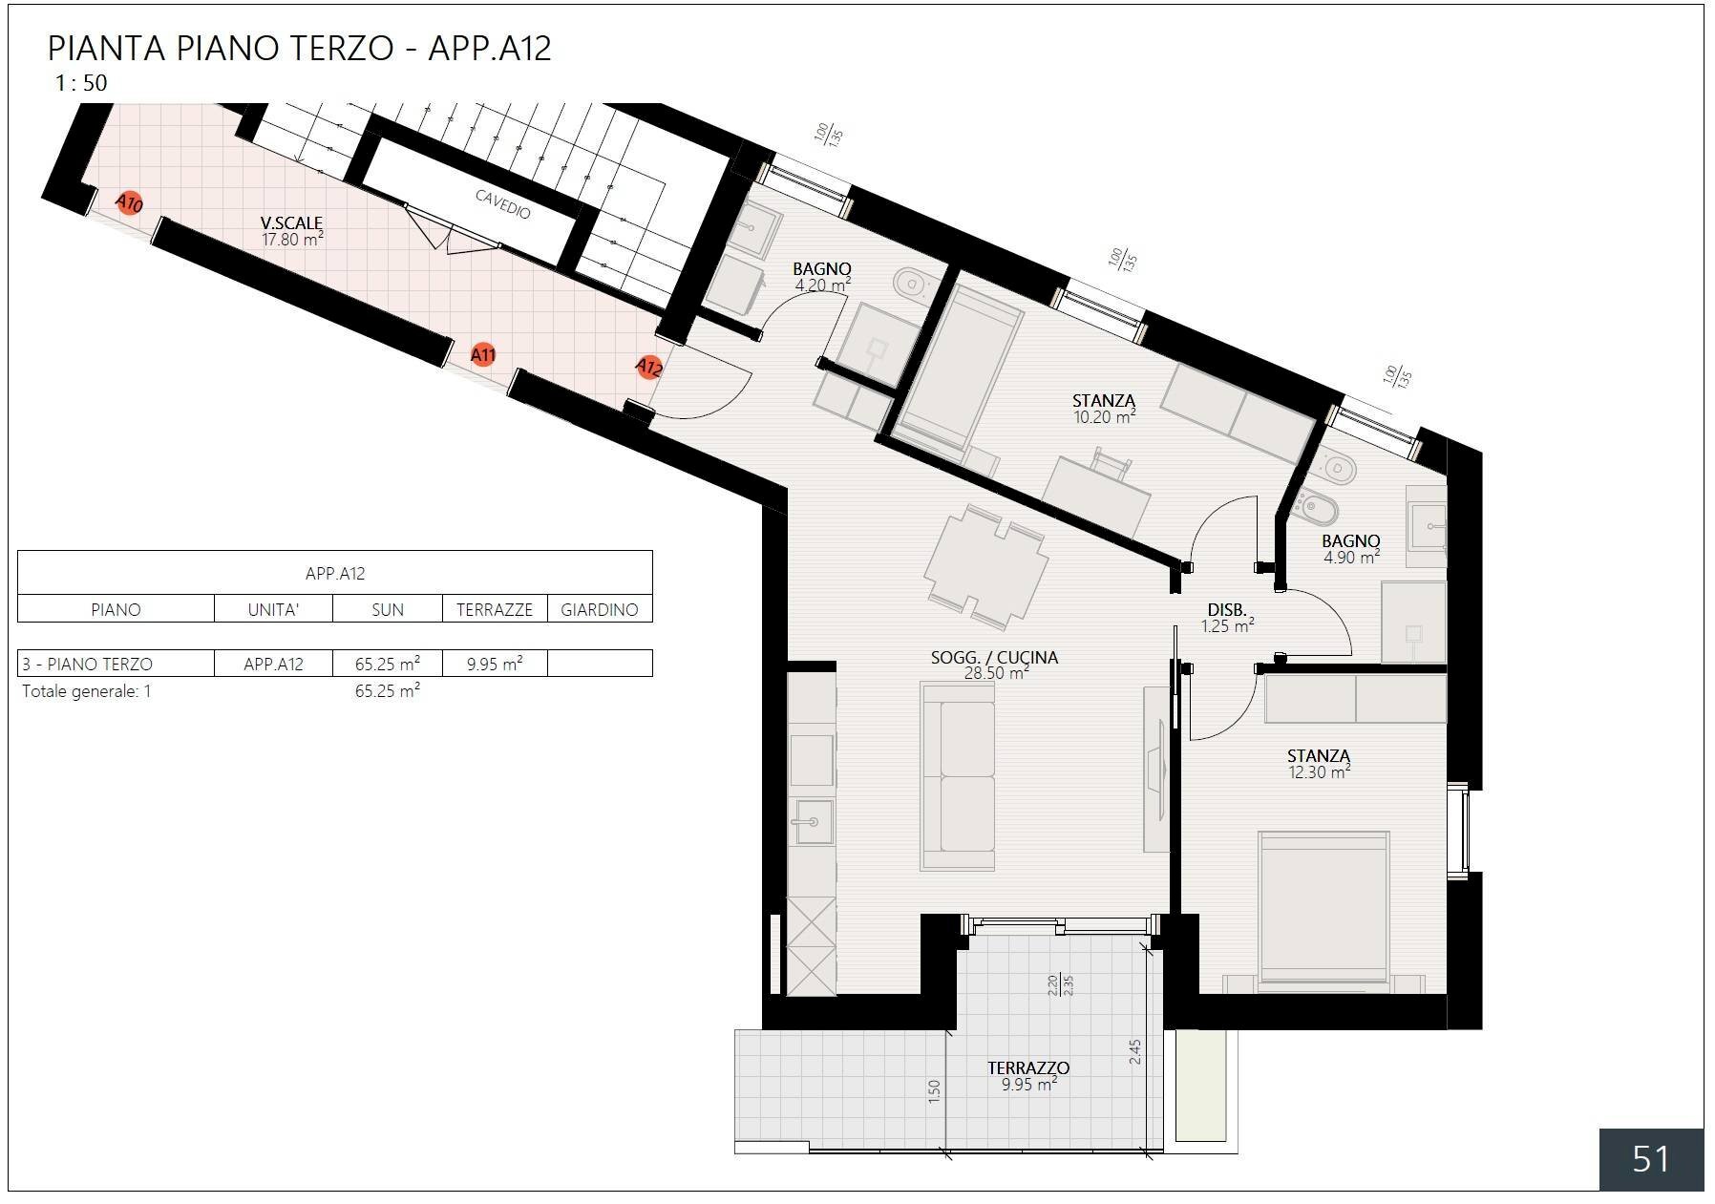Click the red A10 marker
pyautogui.click(x=129, y=203)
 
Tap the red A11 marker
pyautogui.click(x=483, y=355)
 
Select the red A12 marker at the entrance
pyautogui.click(x=648, y=367)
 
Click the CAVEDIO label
pyautogui.click(x=502, y=203)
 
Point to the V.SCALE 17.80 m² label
pyautogui.click(x=292, y=231)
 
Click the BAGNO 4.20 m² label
pyautogui.click(x=822, y=277)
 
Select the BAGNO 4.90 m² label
pyautogui.click(x=1351, y=549)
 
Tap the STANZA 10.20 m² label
pyautogui.click(x=1104, y=409)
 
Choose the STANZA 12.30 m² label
pyautogui.click(x=1319, y=764)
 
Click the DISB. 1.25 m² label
pyautogui.click(x=1227, y=618)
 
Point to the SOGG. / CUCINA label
pyautogui.click(x=994, y=658)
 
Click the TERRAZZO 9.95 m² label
pyautogui.click(x=1028, y=1075)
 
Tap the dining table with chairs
pyautogui.click(x=985, y=568)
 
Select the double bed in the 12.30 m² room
pyautogui.click(x=1323, y=907)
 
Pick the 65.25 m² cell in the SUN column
pyautogui.click(x=387, y=664)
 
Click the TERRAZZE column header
pyautogui.click(x=494, y=609)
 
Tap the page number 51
pyautogui.click(x=1650, y=1159)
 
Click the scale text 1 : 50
pyautogui.click(x=81, y=83)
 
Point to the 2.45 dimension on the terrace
pyautogui.click(x=1134, y=1052)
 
